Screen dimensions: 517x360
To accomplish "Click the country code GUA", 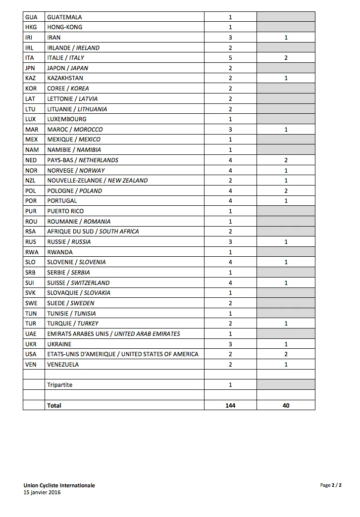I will [31, 17].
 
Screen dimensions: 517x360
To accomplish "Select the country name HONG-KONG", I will [64, 27].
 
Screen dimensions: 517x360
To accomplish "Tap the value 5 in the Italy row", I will [230, 58].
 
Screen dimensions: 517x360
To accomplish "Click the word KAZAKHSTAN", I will [65, 78].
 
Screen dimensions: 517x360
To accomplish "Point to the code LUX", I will [31, 119].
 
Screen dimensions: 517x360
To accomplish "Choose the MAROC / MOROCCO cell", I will [75, 130].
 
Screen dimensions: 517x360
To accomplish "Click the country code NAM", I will [32, 150].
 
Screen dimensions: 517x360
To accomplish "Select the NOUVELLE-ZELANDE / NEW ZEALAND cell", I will [97, 181].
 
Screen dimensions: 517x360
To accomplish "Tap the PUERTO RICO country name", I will [65, 211].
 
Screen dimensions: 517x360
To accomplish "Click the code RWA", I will [32, 252].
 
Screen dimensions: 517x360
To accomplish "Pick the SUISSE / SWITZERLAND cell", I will [78, 283].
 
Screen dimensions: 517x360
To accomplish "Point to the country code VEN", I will [31, 365].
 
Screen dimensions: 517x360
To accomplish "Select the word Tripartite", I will [59, 385].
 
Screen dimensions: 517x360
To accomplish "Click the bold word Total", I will [54, 406].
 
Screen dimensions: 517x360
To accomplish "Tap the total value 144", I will [230, 406].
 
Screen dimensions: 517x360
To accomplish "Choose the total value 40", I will [286, 406].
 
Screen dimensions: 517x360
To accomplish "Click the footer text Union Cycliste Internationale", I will [59, 485].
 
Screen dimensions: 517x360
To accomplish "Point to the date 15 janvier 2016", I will [42, 492].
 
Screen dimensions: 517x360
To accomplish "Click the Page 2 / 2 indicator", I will [331, 485].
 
